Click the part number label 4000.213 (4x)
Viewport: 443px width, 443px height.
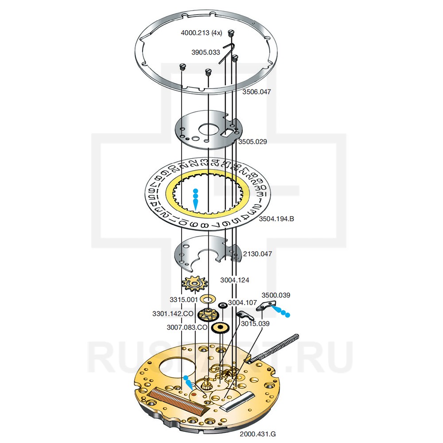point(202,33)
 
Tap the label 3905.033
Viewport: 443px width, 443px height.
point(206,52)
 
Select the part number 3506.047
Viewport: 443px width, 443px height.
point(256,92)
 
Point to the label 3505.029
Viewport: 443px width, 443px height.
point(253,142)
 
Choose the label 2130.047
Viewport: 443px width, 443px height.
point(257,254)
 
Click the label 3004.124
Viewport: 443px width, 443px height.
point(235,280)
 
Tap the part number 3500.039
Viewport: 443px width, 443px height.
point(276,295)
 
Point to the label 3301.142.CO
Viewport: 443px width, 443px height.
point(173,314)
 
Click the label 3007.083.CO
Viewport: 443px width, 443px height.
point(187,327)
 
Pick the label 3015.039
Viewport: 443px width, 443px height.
point(255,323)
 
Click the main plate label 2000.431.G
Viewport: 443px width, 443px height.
point(258,434)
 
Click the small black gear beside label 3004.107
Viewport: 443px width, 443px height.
point(223,305)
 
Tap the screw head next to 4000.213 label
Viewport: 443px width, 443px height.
point(230,32)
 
